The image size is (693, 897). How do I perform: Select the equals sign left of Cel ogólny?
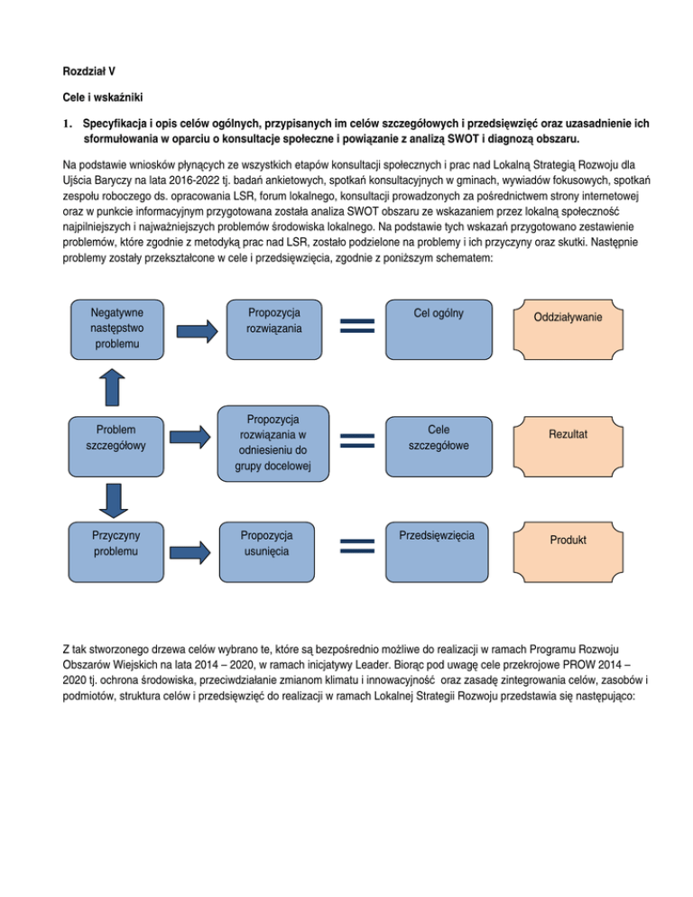point(356,326)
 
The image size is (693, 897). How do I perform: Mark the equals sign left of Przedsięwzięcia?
point(356,546)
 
